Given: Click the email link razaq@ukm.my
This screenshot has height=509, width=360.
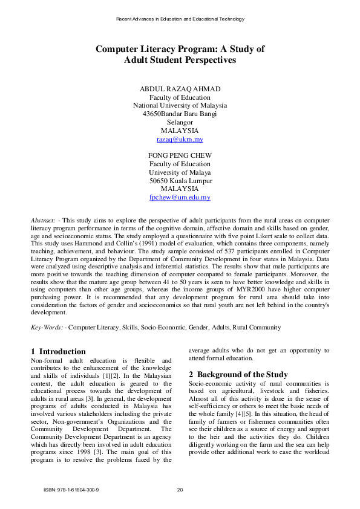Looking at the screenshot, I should click(x=180, y=139).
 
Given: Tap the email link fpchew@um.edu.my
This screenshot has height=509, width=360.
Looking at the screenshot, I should click(x=180, y=198).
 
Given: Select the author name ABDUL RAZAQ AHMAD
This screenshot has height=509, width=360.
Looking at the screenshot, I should click(x=180, y=89).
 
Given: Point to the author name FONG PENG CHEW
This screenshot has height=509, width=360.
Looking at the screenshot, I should click(x=180, y=155).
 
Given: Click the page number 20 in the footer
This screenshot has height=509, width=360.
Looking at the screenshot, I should click(x=180, y=489).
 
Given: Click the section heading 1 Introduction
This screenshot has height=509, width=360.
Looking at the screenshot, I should click(x=58, y=351).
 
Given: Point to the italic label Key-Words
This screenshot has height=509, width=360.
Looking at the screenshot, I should click(x=46, y=327).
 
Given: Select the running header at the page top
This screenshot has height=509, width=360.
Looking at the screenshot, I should click(x=180, y=19).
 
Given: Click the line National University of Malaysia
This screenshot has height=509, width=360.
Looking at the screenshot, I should click(x=180, y=105).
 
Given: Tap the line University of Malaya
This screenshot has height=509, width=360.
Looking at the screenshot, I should click(x=180, y=172).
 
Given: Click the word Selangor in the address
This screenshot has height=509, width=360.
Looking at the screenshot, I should click(x=180, y=122).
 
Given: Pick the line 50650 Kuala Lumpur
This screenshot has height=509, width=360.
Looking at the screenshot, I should click(x=180, y=181).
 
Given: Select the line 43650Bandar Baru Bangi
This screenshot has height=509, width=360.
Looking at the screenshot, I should click(x=180, y=114).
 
